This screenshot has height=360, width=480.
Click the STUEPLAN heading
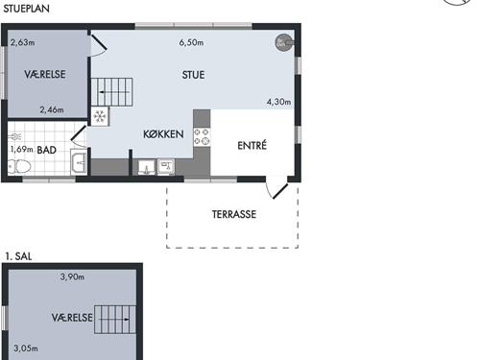tap(26, 9)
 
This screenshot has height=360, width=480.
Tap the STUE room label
tap(193, 75)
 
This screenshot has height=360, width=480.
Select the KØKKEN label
tap(163, 133)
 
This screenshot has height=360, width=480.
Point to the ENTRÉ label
tap(252, 146)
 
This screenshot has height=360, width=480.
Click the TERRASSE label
tap(234, 214)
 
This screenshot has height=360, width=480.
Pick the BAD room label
tap(47, 150)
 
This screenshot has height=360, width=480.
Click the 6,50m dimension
tap(191, 42)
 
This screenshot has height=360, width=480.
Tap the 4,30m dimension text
tap(279, 102)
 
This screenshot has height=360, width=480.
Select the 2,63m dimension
tap(23, 42)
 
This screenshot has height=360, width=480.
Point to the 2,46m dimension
tap(52, 110)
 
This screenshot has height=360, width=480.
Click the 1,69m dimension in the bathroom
tap(21, 149)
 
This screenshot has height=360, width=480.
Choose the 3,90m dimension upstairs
tap(72, 276)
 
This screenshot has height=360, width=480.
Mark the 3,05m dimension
tap(26, 348)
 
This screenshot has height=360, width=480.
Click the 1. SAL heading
tap(18, 256)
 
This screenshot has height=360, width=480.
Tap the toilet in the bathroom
tap(19, 167)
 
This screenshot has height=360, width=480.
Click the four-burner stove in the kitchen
tap(202, 136)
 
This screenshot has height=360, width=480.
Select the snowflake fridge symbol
tap(100, 116)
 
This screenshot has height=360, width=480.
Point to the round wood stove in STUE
tap(284, 42)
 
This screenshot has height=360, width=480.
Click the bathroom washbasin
tap(79, 162)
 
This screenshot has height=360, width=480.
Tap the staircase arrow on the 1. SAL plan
tap(114, 320)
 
